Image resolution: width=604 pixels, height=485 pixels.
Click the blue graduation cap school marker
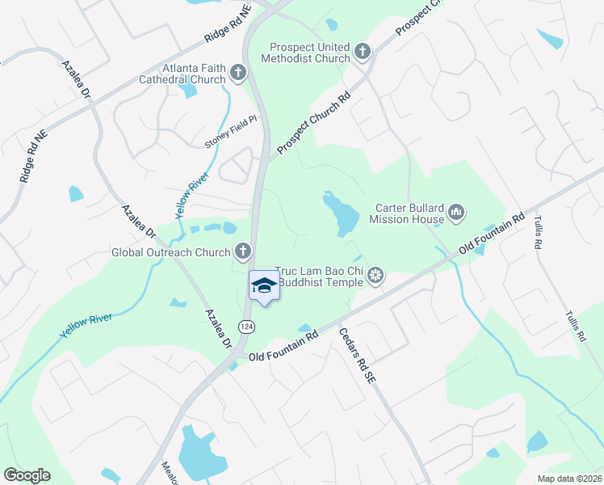click(264, 285)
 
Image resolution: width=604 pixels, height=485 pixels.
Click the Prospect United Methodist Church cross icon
click(363, 53)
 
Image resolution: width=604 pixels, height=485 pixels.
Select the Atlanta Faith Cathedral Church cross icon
click(237, 74)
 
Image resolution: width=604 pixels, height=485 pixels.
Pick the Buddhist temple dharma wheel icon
click(375, 276)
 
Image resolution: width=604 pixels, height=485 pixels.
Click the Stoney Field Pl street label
click(230, 131)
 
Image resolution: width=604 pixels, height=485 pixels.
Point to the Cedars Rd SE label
click(358, 355)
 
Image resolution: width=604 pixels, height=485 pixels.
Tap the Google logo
click(27, 474)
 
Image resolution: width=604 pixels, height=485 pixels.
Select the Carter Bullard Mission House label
click(409, 213)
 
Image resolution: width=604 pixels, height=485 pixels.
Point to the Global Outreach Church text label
click(170, 252)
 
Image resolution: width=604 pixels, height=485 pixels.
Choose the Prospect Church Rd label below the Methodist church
click(313, 122)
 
